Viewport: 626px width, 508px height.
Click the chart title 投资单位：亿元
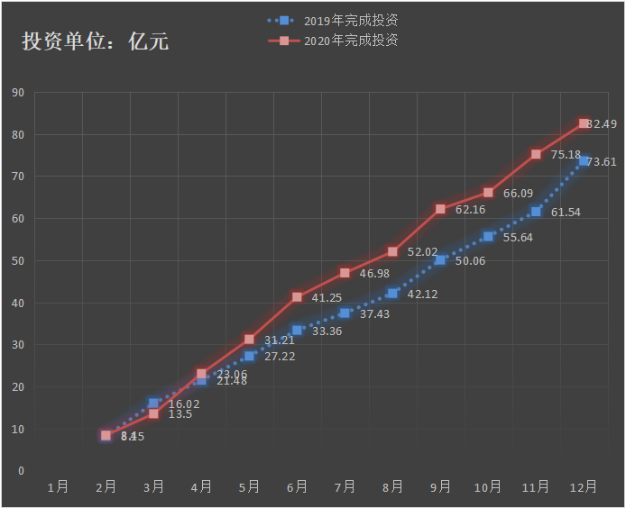click(95, 41)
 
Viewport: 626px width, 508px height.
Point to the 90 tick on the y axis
click(17, 93)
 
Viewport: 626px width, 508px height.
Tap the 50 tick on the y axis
click(17, 261)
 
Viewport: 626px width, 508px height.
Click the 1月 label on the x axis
click(58, 486)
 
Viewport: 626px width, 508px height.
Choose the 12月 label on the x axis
click(583, 486)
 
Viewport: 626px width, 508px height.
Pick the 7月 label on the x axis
click(345, 486)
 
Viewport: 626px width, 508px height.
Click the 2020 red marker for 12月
click(584, 123)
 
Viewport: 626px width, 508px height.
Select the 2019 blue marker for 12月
click(584, 161)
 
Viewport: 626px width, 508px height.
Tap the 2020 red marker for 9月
click(440, 209)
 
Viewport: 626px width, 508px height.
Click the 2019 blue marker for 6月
click(297, 331)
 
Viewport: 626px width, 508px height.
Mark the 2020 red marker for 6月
click(297, 297)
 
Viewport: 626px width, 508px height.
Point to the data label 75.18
click(566, 155)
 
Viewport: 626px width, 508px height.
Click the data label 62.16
click(470, 210)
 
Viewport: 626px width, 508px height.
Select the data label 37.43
click(374, 314)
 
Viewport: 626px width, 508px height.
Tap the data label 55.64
click(518, 238)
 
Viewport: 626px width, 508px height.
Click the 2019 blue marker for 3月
click(153, 404)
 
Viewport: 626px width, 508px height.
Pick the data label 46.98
click(374, 274)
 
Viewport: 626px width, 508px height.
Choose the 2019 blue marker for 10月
click(488, 236)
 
